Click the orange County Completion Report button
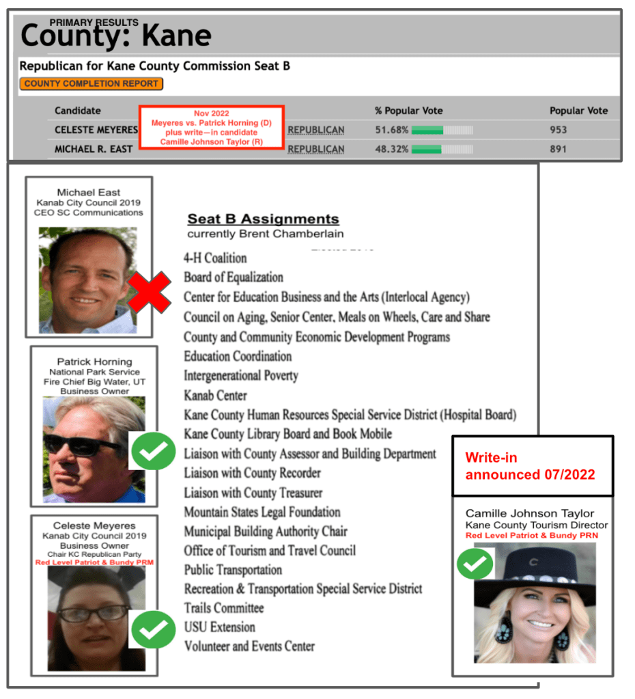[x=91, y=84]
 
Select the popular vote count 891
[x=558, y=149]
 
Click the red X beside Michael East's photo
[x=149, y=294]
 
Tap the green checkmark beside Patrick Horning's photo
[x=153, y=451]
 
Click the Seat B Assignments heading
[x=263, y=219]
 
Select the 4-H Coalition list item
[x=215, y=258]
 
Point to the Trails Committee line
[x=224, y=607]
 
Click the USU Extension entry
[x=219, y=627]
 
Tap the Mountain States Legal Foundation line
[x=262, y=512]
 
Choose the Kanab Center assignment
[x=215, y=395]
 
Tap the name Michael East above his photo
[x=88, y=192]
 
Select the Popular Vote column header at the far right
[x=578, y=111]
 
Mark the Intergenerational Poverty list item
[x=240, y=376]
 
